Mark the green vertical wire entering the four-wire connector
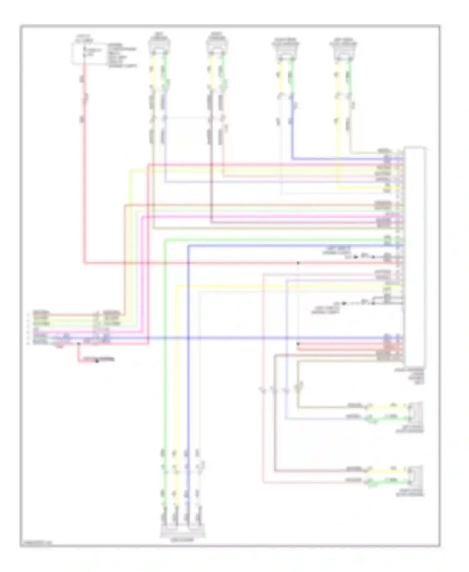point(164,375)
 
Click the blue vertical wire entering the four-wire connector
point(188,375)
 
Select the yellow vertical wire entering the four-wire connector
point(176,375)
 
